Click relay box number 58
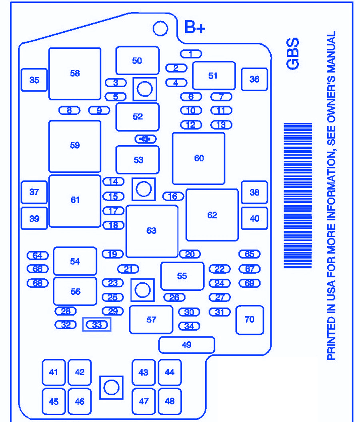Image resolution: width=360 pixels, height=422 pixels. pyautogui.click(x=75, y=74)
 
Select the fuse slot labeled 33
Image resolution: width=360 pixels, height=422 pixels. pyautogui.click(x=97, y=325)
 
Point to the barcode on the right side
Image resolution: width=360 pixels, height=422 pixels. pyautogui.click(x=298, y=196)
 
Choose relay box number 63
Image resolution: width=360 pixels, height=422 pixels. pyautogui.click(x=152, y=231)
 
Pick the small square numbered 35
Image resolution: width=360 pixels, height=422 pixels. pyautogui.click(x=34, y=80)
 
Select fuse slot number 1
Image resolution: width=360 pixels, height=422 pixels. pyautogui.click(x=191, y=54)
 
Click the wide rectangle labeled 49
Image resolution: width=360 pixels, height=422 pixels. pyautogui.click(x=187, y=345)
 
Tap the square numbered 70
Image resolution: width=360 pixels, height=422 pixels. pyautogui.click(x=249, y=320)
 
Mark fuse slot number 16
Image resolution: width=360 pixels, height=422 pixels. pyautogui.click(x=173, y=196)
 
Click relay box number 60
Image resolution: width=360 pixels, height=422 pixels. pyautogui.click(x=199, y=158)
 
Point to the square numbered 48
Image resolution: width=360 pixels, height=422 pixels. pyautogui.click(x=170, y=401)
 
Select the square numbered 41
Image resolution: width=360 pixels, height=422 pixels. pyautogui.click(x=54, y=372)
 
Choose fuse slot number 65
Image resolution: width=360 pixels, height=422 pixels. pyautogui.click(x=249, y=254)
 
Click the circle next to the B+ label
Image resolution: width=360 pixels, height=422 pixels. pyautogui.click(x=161, y=29)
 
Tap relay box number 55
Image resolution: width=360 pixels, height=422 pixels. pyautogui.click(x=182, y=276)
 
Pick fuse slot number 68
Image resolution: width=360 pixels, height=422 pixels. pyautogui.click(x=38, y=283)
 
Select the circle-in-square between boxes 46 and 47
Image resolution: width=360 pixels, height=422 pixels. pyautogui.click(x=111, y=387)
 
